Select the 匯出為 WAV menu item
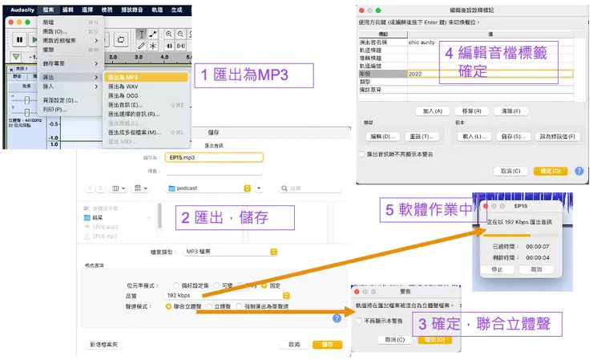pyautogui.click(x=124, y=86)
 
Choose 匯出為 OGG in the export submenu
pyautogui.click(x=124, y=95)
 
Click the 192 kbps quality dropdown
pyautogui.click(x=226, y=295)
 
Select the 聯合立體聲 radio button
pyautogui.click(x=168, y=305)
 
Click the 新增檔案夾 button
pyautogui.click(x=104, y=344)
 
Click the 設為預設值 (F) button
pyautogui.click(x=545, y=136)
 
